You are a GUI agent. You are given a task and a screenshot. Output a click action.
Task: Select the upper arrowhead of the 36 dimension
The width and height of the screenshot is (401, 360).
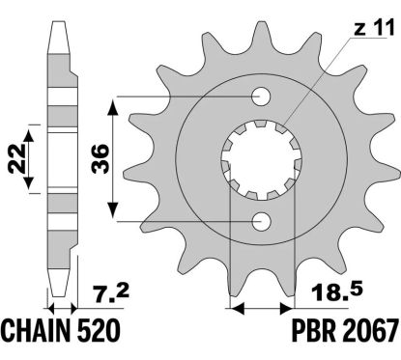(115, 100)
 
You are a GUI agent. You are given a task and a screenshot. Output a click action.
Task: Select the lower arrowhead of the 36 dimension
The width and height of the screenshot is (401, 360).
(115, 217)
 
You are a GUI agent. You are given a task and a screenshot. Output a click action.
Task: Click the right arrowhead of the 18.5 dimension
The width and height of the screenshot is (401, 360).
(287, 309)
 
